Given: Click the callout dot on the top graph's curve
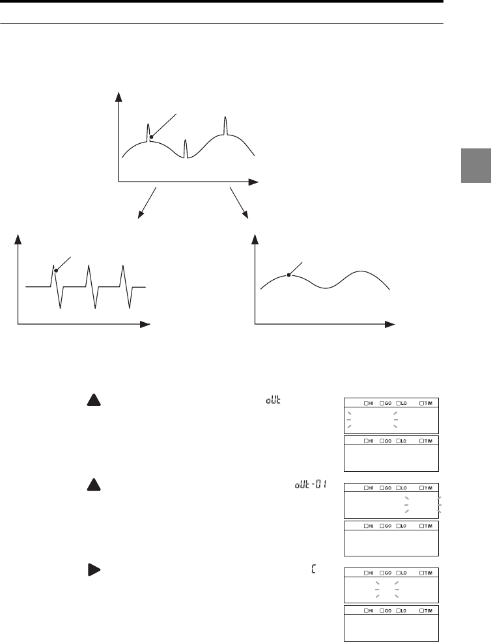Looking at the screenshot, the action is pos(151,137).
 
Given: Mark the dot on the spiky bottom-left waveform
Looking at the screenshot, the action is pos(55,270).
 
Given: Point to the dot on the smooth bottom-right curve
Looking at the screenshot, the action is pos(288,275).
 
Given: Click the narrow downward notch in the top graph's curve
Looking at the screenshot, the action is pos(186,151).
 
